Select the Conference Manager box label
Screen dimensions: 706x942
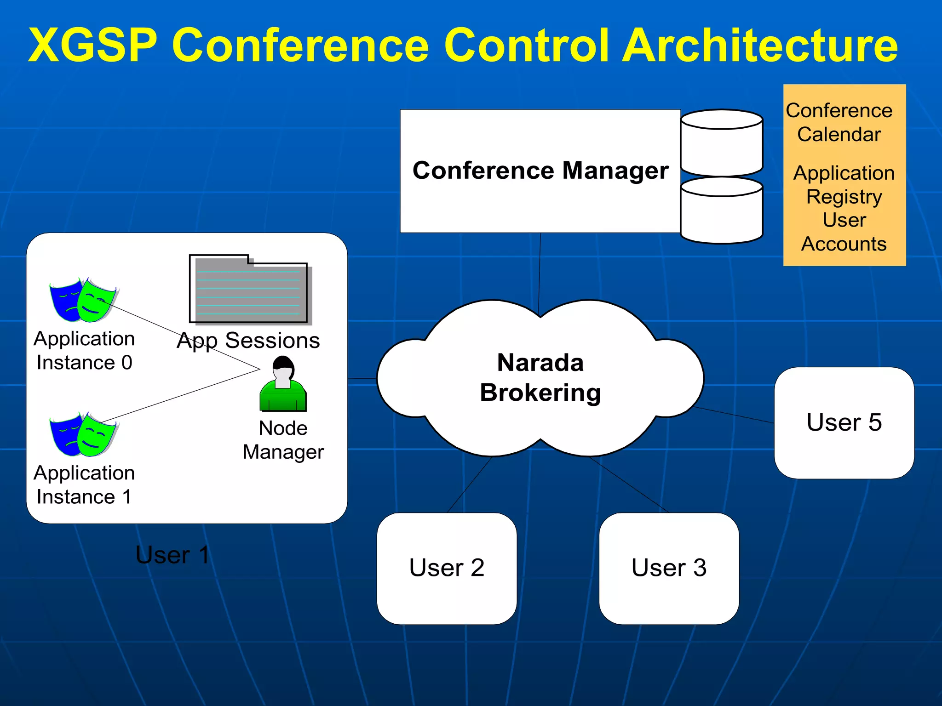click(540, 171)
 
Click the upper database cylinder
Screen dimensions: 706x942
click(721, 142)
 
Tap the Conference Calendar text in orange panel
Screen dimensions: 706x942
click(839, 122)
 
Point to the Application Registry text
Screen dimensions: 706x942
click(844, 185)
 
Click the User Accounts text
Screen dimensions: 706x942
click(844, 232)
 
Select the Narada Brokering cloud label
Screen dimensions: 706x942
click(540, 377)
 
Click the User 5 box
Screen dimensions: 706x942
click(844, 422)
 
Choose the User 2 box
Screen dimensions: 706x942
click(447, 568)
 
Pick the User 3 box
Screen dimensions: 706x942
click(669, 568)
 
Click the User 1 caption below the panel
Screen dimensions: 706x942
click(172, 555)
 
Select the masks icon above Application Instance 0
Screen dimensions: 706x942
click(83, 300)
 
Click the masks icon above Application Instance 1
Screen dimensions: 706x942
click(83, 434)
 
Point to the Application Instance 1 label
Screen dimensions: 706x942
click(84, 485)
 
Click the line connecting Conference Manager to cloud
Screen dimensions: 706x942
click(540, 271)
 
